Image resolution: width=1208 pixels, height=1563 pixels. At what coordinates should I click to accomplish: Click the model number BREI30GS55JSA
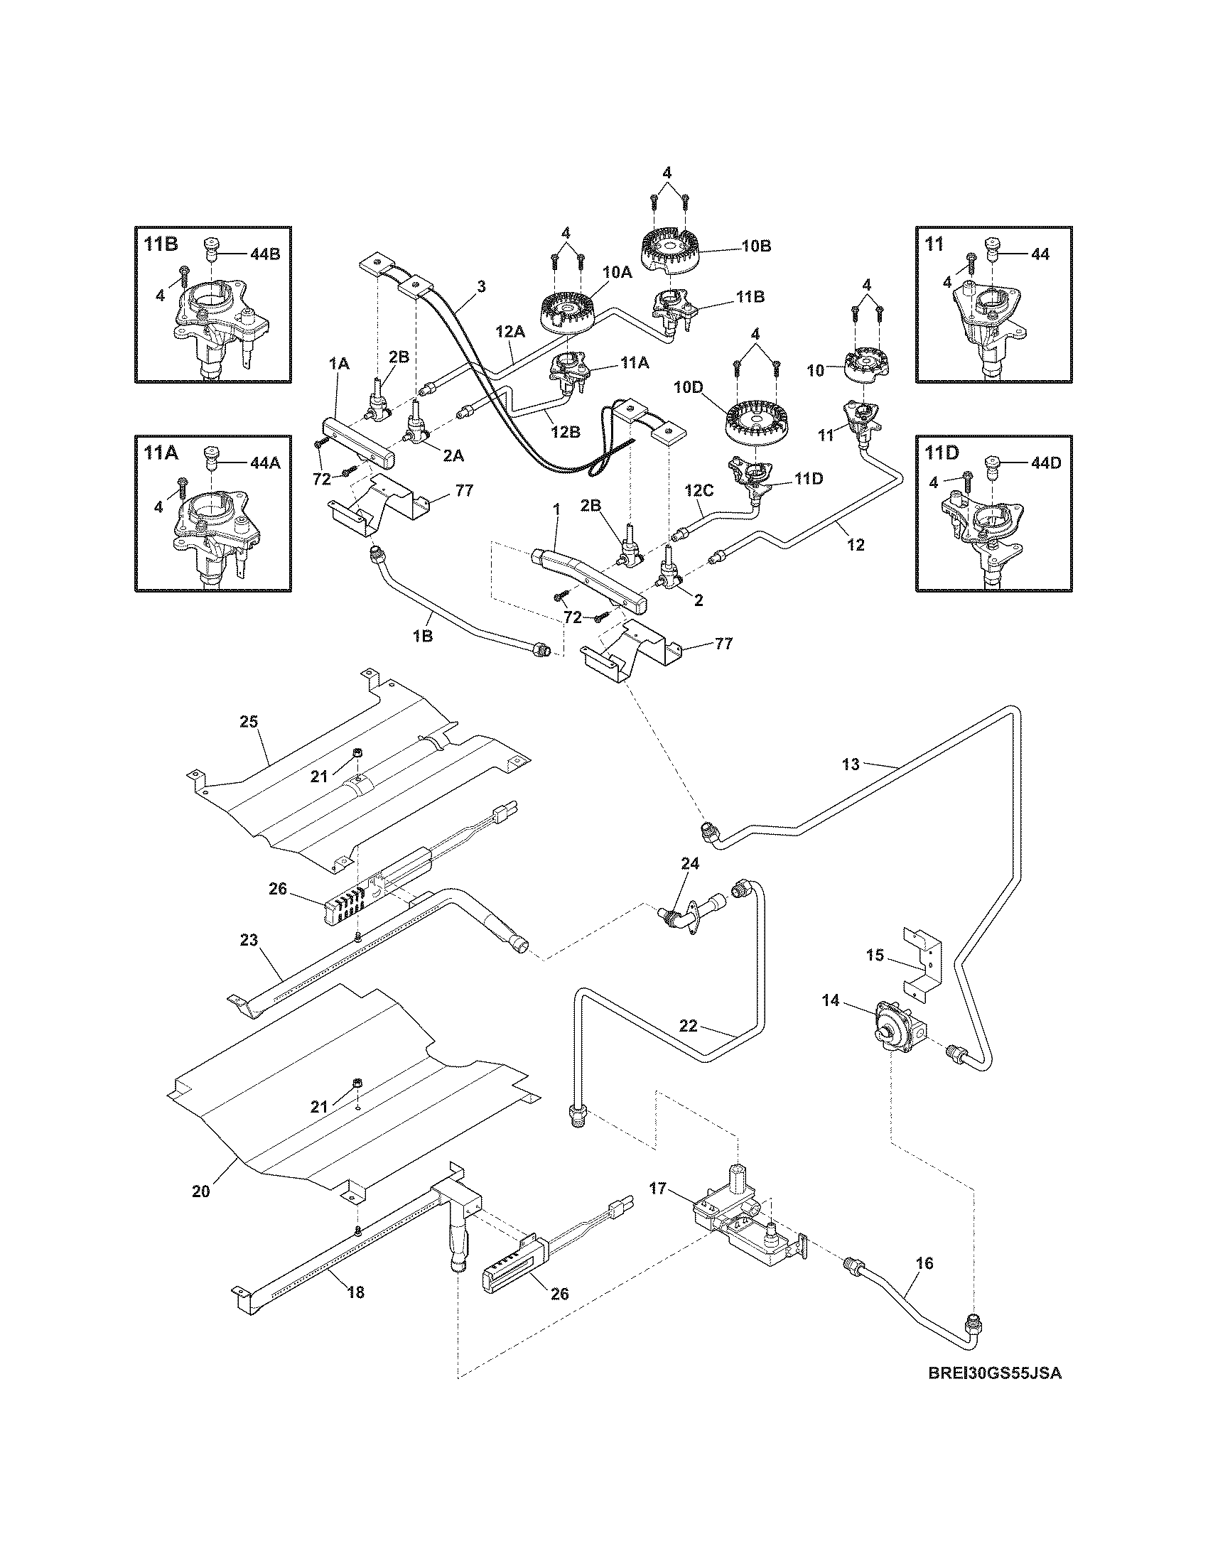pos(994,1393)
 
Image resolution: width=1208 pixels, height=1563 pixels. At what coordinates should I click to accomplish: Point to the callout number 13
pos(849,764)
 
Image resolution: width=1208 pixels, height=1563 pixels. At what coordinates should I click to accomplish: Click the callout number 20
pos(201,1191)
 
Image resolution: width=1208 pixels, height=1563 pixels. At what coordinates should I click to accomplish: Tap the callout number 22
pos(688,1025)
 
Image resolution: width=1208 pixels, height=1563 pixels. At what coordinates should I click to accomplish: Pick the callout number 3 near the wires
pos(481,286)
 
